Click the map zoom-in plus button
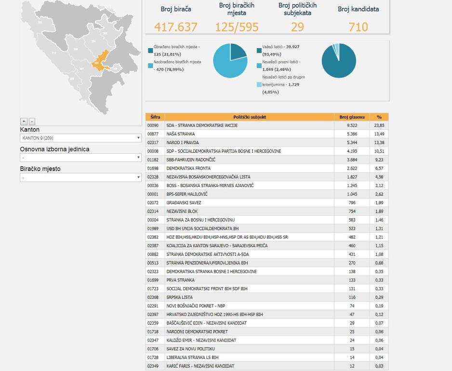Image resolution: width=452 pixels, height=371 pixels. point(24,121)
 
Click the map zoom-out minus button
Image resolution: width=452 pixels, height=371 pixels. point(32,121)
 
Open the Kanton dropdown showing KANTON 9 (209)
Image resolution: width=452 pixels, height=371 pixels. point(80,138)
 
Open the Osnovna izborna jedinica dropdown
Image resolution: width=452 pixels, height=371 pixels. point(80,158)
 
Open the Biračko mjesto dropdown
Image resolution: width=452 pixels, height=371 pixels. point(80,178)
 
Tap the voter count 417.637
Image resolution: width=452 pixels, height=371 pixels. point(176,27)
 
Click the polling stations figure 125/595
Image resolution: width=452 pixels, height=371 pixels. point(237,27)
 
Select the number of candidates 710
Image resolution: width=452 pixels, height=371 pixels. point(358,27)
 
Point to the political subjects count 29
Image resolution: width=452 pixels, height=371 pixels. point(297,27)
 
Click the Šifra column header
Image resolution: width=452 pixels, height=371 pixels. point(155,117)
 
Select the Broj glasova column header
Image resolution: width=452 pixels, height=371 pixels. point(352,117)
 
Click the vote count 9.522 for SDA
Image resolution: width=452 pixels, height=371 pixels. point(352,126)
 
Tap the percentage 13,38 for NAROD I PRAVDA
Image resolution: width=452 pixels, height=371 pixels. point(379,143)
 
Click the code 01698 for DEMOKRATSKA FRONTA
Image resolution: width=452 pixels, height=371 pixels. point(153,169)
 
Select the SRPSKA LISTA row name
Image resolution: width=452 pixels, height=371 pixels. point(179,297)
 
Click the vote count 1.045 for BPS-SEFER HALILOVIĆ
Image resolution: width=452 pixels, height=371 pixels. point(352,194)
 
